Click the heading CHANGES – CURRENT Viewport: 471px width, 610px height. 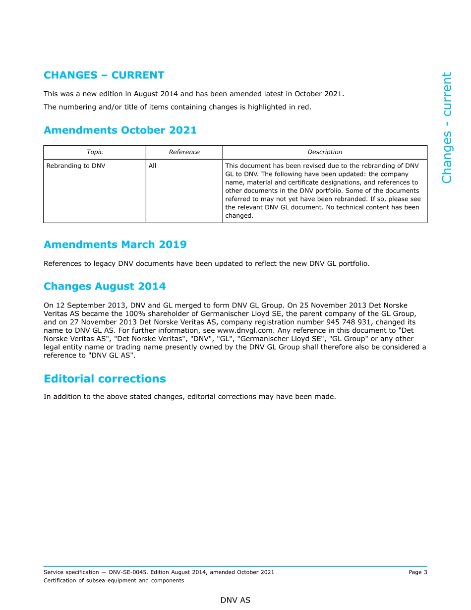[x=104, y=75]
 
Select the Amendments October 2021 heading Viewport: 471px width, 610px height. [x=120, y=130]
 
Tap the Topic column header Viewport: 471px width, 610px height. [x=95, y=152]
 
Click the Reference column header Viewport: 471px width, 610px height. [x=184, y=152]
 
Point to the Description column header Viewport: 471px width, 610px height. [x=325, y=152]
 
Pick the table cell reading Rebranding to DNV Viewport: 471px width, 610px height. [x=76, y=166]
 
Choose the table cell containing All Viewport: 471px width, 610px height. [x=152, y=166]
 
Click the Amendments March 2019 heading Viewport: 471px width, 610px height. [x=115, y=244]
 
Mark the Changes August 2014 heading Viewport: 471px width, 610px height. [x=105, y=287]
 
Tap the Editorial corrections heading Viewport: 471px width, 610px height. [x=105, y=379]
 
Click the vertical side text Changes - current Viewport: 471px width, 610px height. [x=447, y=128]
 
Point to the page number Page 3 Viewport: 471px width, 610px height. [x=417, y=572]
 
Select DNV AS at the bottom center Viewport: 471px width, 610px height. [x=235, y=600]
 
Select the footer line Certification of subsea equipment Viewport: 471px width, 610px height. [x=114, y=581]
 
